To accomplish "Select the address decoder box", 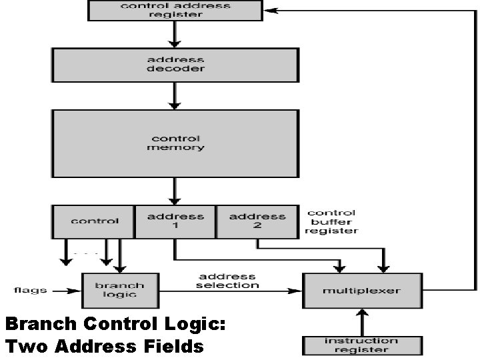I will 175,64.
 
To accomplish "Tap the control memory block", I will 175,143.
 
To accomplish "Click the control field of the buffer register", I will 94,221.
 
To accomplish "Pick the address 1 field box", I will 175,221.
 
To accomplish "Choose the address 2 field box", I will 257,221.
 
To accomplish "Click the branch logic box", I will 121,290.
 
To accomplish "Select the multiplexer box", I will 362,291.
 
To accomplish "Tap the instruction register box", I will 362,345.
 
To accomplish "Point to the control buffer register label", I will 331,222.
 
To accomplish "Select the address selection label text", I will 227,281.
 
